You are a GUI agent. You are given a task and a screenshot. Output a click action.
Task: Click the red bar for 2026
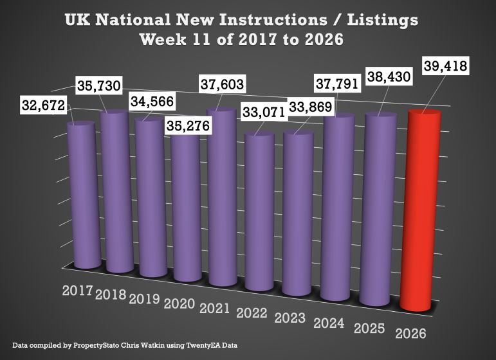coord(420,212)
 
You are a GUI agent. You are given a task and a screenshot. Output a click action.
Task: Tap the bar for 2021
coord(223,199)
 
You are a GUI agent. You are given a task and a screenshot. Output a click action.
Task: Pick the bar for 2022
coord(261,215)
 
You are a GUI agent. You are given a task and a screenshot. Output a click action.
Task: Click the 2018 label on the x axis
coord(111,295)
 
